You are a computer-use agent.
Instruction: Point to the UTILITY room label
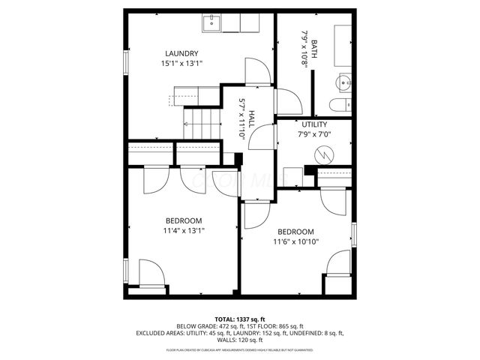[x=314, y=124]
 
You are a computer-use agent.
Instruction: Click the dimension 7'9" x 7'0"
[x=314, y=135]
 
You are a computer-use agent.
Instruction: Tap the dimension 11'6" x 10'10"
[x=295, y=242]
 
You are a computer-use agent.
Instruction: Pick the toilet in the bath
[x=340, y=106]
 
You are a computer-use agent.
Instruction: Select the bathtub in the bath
[x=343, y=46]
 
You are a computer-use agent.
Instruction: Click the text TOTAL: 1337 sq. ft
[x=240, y=319]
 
